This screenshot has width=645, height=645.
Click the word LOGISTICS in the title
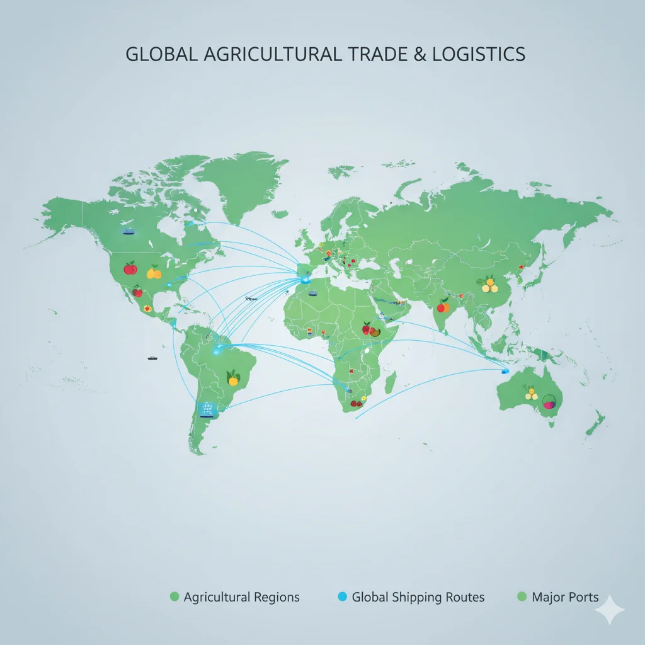(x=479, y=54)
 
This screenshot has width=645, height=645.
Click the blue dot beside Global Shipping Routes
(x=343, y=596)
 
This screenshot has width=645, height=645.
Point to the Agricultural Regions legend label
(x=241, y=596)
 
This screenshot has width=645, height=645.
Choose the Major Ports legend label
(x=565, y=596)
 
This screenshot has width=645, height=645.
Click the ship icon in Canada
(x=128, y=231)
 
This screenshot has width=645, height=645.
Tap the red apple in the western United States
(x=130, y=268)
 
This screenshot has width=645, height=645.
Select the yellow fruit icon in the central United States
(x=154, y=271)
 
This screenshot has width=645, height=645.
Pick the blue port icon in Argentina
(x=206, y=409)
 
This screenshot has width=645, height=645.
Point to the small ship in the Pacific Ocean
(x=152, y=358)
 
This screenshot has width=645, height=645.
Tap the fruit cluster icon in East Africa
(x=368, y=328)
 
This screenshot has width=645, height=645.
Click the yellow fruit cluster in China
(x=489, y=285)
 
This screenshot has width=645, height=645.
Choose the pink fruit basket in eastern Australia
(x=550, y=402)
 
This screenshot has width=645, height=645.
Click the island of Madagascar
(x=390, y=382)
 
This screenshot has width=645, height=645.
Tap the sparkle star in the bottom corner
(x=610, y=610)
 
